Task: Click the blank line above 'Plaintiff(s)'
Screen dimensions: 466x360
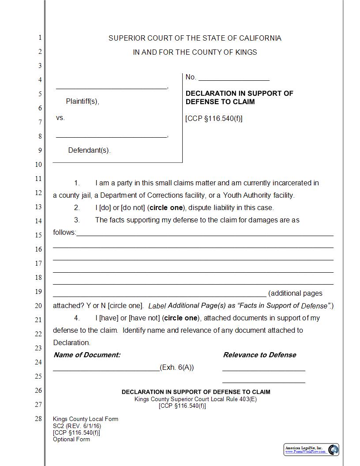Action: coord(111,88)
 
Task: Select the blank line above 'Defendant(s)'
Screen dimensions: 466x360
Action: coord(111,136)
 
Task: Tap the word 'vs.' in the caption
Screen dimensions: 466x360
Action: coord(60,118)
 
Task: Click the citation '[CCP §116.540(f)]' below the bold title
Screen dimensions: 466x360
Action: coord(214,118)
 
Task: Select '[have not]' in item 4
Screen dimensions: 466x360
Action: coord(144,318)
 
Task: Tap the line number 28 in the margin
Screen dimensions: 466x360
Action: coord(39,418)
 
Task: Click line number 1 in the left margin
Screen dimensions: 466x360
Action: coord(40,38)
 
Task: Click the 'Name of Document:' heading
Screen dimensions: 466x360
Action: coord(87,355)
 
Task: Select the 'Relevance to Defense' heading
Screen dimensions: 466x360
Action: coord(259,355)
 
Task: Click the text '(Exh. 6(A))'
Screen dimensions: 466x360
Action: coord(177,367)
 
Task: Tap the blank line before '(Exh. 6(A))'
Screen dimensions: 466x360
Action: coord(106,370)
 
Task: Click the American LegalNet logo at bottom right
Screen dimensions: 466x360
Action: coord(311,450)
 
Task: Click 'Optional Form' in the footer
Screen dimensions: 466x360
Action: coord(71,439)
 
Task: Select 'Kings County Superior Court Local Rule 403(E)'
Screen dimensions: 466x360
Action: coord(196,399)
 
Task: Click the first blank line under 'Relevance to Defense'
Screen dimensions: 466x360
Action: coord(263,370)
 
